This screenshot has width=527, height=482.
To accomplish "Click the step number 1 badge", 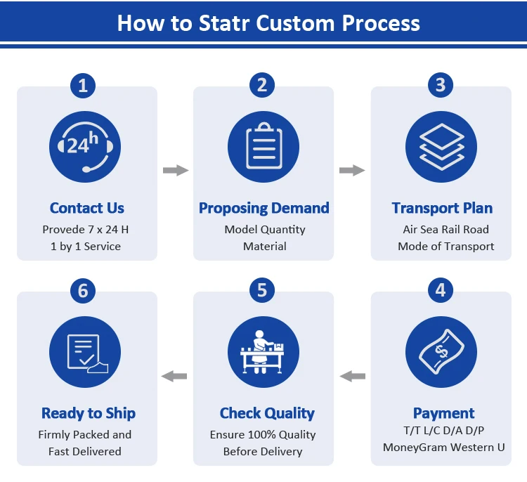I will [x=83, y=86].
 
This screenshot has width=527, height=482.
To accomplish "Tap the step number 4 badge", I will [x=441, y=290].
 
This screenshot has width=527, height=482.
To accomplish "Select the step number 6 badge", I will [x=83, y=290].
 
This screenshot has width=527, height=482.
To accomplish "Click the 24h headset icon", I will [x=84, y=146].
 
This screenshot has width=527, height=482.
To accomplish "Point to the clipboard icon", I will [x=263, y=146].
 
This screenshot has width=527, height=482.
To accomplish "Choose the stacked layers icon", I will [x=441, y=146].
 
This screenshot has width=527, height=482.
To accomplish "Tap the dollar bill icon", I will [x=441, y=352].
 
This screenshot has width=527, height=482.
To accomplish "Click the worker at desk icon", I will [x=263, y=352].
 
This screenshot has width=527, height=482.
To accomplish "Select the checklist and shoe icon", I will [x=84, y=352].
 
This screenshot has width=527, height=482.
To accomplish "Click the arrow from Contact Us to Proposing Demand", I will [x=176, y=170].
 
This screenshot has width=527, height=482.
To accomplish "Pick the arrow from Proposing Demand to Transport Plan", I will [x=352, y=170].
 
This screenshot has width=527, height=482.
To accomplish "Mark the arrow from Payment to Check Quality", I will [x=352, y=377].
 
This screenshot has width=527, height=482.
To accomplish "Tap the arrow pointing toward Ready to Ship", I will [x=174, y=377].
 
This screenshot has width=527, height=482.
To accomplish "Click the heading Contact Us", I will [x=87, y=208].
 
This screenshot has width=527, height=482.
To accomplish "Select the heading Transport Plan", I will [x=442, y=208].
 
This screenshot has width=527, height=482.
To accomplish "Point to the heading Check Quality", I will [x=267, y=413].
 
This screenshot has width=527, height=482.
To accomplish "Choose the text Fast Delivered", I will [x=85, y=452].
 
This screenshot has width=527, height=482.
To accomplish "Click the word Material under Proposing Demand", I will [x=265, y=247].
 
